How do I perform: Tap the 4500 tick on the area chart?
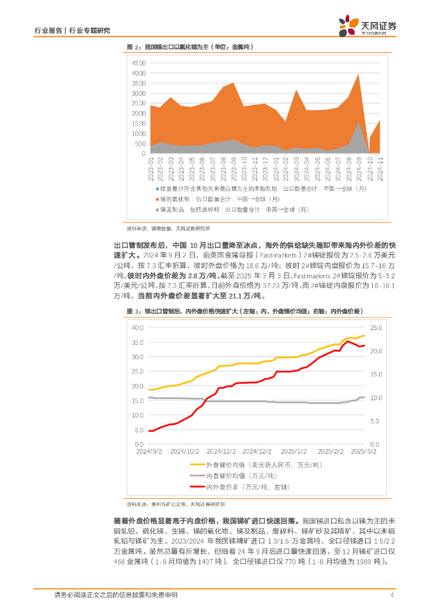pos(138,62)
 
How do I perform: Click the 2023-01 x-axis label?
pos(151,168)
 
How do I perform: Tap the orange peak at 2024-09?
pos(358,75)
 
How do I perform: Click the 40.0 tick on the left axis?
pos(137,328)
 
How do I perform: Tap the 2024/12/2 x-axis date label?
pos(257,451)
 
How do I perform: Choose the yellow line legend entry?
pos(246,464)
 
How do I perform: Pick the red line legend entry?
pos(246,487)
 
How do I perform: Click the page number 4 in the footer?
pos(391,595)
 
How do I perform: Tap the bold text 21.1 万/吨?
pos(246,296)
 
